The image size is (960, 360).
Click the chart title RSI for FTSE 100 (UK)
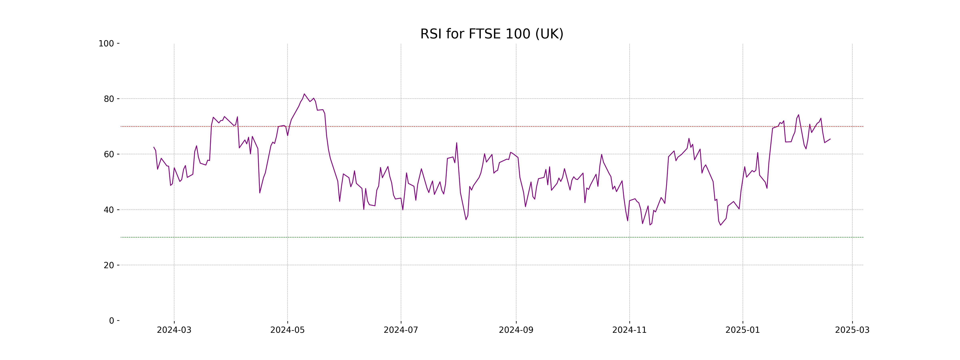point(492,34)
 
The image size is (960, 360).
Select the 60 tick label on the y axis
point(109,154)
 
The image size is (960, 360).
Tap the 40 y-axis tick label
point(109,210)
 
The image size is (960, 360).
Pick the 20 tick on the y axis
point(109,265)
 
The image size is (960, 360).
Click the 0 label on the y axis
point(111,321)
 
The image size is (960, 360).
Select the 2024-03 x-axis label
point(174,330)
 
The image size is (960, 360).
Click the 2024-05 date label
point(287,330)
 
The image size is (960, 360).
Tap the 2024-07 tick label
point(401,330)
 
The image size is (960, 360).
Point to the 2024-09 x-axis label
point(516,330)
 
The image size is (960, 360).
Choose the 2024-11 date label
point(629,330)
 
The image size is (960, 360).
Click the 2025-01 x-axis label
point(743,330)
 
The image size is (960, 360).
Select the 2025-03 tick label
point(852,330)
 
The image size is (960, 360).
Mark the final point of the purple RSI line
point(830,139)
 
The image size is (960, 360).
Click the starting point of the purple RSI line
point(154,147)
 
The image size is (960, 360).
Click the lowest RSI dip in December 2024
point(720,225)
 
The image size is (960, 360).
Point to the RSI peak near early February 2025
point(798,115)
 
